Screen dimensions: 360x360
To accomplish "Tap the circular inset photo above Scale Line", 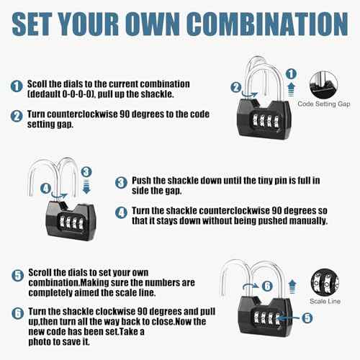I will point(323,282).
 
